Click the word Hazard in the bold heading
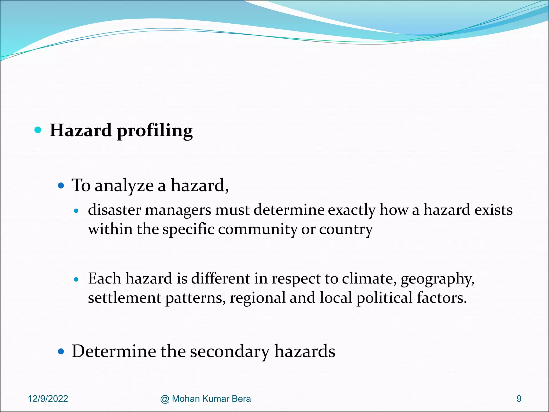pyautogui.click(x=81, y=130)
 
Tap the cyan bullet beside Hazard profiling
pyautogui.click(x=38, y=130)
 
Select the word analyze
pyautogui.click(x=124, y=186)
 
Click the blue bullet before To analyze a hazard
pyautogui.click(x=61, y=185)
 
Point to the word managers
pyautogui.click(x=178, y=210)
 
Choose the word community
pyautogui.click(x=257, y=229)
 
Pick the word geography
pyautogui.click(x=437, y=279)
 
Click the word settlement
pyautogui.click(x=124, y=298)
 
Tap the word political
pyautogui.click(x=384, y=298)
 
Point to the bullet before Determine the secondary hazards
pyautogui.click(x=61, y=351)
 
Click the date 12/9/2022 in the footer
pyautogui.click(x=48, y=399)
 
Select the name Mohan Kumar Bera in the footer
pyautogui.click(x=211, y=399)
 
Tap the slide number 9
pyautogui.click(x=519, y=399)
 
